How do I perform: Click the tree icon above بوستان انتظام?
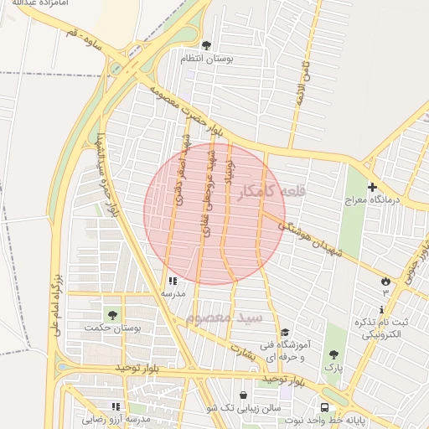[x=207, y=45]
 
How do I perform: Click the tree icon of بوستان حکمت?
[x=112, y=314]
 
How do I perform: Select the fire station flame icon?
[x=385, y=280]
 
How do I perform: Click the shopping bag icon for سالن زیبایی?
[x=243, y=395]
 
